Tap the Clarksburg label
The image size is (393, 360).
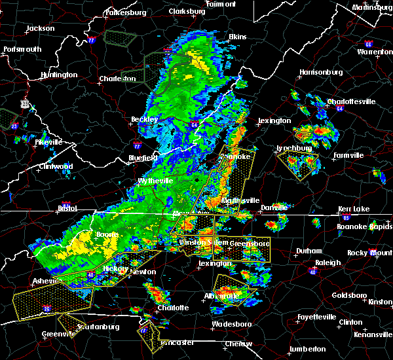point(187,11)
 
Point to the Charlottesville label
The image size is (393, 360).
point(351,101)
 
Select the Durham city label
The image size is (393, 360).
point(309,251)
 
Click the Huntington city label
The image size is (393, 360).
point(58,75)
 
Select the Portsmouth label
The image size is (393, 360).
point(22,49)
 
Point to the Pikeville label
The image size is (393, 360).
point(48,141)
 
